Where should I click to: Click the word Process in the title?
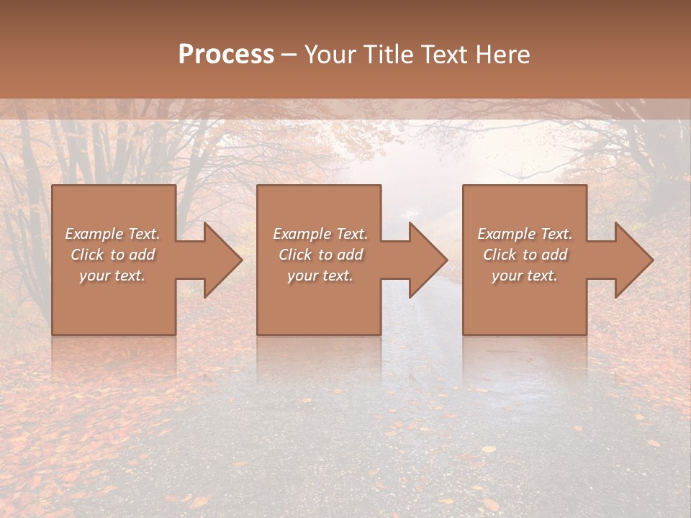(226, 54)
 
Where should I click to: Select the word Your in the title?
(330, 54)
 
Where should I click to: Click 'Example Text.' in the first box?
(113, 234)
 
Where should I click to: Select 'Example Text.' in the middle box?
(320, 234)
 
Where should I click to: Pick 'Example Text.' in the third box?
(525, 234)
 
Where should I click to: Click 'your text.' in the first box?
(113, 276)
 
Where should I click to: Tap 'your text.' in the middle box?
(320, 276)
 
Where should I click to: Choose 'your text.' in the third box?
(525, 276)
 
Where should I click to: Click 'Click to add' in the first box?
(113, 255)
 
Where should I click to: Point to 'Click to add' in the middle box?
(320, 255)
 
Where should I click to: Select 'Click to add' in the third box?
(525, 255)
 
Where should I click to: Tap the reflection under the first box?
(114, 356)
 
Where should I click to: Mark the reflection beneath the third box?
(525, 356)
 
